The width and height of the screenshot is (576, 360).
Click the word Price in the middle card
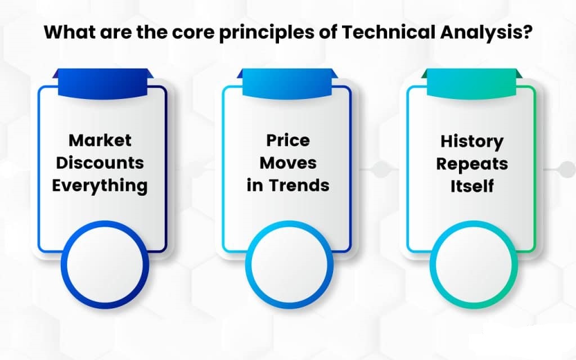pyautogui.click(x=288, y=141)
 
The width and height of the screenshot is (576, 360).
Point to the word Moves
pyautogui.click(x=288, y=163)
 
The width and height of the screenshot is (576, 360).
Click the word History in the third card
pyautogui.click(x=472, y=141)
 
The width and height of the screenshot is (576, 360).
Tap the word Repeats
pyautogui.click(x=472, y=164)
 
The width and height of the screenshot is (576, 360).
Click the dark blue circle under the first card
pyautogui.click(x=105, y=264)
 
